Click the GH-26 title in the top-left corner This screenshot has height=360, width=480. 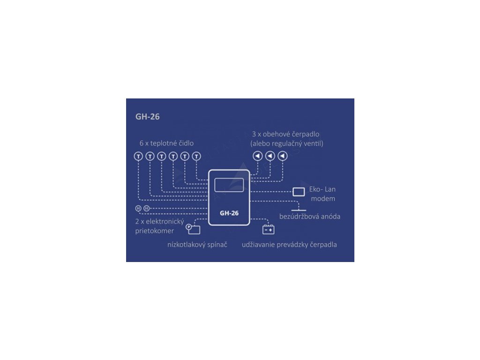pyautogui.click(x=148, y=117)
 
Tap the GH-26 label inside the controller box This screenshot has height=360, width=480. pyautogui.click(x=229, y=213)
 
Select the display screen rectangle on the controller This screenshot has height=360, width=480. pyautogui.click(x=229, y=185)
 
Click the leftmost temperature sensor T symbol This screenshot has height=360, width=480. pyautogui.click(x=138, y=157)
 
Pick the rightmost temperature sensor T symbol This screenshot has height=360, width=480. pyautogui.click(x=196, y=157)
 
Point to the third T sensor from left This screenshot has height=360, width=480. pyautogui.click(x=162, y=157)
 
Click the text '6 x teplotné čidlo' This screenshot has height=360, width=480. pyautogui.click(x=166, y=143)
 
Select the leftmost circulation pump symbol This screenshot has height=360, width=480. pyautogui.click(x=258, y=156)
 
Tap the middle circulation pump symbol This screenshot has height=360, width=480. pyautogui.click(x=270, y=156)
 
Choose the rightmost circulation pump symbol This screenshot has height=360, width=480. pyautogui.click(x=283, y=156)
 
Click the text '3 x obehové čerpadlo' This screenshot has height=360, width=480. pyautogui.click(x=285, y=134)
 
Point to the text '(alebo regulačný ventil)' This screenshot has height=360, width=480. pyautogui.click(x=287, y=143)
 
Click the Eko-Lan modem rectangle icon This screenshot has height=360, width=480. pyautogui.click(x=299, y=192)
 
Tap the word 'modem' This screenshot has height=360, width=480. pyautogui.click(x=323, y=199)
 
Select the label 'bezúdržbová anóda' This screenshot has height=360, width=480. pyautogui.click(x=310, y=217)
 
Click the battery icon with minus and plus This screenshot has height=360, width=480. pyautogui.click(x=269, y=229)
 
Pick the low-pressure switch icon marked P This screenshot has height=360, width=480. pyautogui.click(x=193, y=229)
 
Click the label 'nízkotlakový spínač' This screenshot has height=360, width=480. pyautogui.click(x=197, y=245)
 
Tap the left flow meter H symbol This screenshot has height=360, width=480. pyautogui.click(x=138, y=209)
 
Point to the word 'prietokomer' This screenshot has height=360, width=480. pyautogui.click(x=155, y=231)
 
